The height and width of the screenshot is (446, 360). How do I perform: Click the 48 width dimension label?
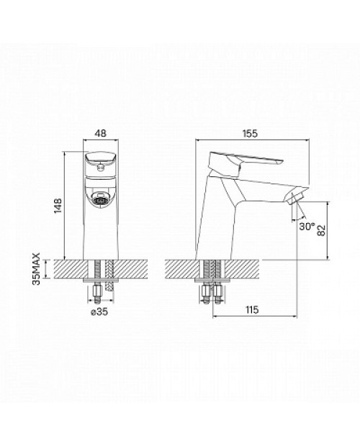click(101, 133)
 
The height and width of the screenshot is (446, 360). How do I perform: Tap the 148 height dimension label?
click(58, 205)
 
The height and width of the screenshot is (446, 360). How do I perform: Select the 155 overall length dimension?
click(250, 133)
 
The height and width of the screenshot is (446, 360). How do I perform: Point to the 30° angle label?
click(307, 227)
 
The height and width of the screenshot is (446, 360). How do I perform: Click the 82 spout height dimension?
click(321, 231)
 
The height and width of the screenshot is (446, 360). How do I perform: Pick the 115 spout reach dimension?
click(251, 309)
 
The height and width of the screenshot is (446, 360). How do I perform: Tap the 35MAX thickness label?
click(37, 268)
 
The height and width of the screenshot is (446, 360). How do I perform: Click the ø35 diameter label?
click(99, 312)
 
